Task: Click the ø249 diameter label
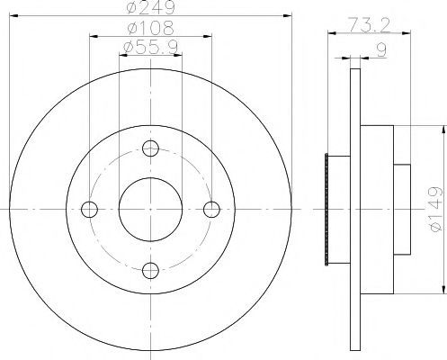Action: pyautogui.click(x=150, y=7)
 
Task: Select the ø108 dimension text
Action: pyautogui.click(x=150, y=28)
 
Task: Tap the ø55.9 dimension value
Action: pyautogui.click(x=150, y=48)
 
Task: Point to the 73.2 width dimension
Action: pyautogui.click(x=369, y=25)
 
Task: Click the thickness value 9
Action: pyautogui.click(x=381, y=49)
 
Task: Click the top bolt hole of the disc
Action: pyautogui.click(x=150, y=148)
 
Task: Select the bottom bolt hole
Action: pyautogui.click(x=150, y=270)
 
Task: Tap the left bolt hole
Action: pyautogui.click(x=89, y=210)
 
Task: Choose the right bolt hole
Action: pyautogui.click(x=211, y=210)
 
